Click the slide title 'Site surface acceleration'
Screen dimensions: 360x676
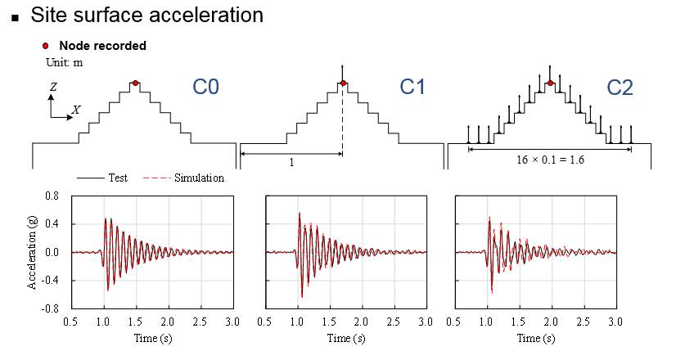click(147, 15)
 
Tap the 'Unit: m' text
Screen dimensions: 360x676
click(64, 61)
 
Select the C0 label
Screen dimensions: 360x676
click(205, 87)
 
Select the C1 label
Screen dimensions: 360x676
click(412, 87)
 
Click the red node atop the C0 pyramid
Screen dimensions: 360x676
click(136, 83)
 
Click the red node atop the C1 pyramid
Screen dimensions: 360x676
click(343, 83)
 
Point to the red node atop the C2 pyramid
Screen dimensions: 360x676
click(551, 83)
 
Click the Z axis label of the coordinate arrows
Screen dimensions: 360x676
click(52, 84)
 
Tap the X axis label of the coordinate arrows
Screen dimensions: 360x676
click(75, 109)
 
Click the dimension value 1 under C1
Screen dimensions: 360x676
click(291, 162)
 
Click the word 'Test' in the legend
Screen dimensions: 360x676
click(118, 178)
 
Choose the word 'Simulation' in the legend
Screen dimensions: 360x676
click(199, 178)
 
